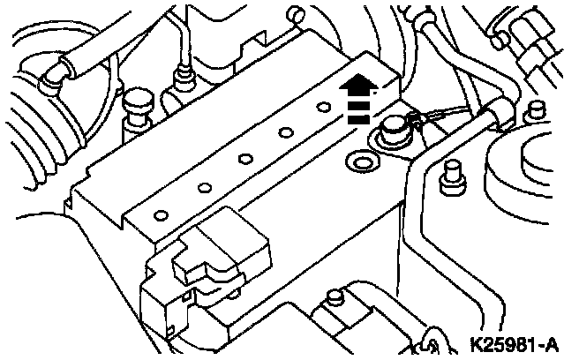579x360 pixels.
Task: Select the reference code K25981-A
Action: pos(520,342)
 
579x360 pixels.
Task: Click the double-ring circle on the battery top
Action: pos(360,162)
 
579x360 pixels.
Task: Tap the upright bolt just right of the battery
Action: pos(451,176)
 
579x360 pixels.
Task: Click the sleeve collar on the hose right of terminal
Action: pos(489,110)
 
